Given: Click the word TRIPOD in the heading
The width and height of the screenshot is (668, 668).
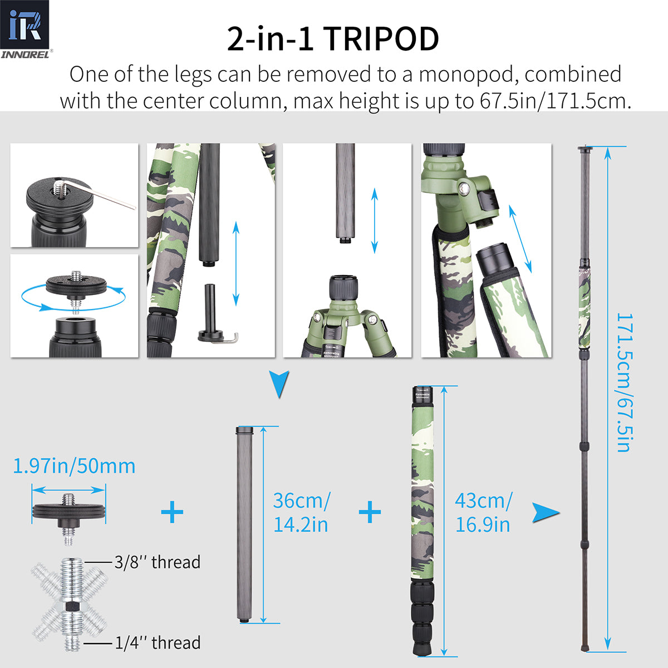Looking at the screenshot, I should click(x=381, y=39).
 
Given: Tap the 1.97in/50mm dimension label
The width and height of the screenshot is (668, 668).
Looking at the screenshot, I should click(x=74, y=466).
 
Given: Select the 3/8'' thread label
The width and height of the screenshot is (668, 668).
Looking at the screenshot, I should click(x=157, y=562).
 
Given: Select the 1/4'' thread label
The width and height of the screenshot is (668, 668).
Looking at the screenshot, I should click(x=158, y=643).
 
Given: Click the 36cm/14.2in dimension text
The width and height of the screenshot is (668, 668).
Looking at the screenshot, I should click(x=301, y=512).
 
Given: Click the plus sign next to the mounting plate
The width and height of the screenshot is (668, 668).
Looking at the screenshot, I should click(x=172, y=512).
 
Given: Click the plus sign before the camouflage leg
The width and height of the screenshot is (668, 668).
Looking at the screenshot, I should click(x=370, y=512).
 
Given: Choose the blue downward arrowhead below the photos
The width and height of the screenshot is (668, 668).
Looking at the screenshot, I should click(x=279, y=384).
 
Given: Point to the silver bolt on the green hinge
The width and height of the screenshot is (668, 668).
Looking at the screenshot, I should click(x=464, y=190).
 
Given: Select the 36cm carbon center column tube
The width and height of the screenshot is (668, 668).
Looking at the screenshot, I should click(x=245, y=523).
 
